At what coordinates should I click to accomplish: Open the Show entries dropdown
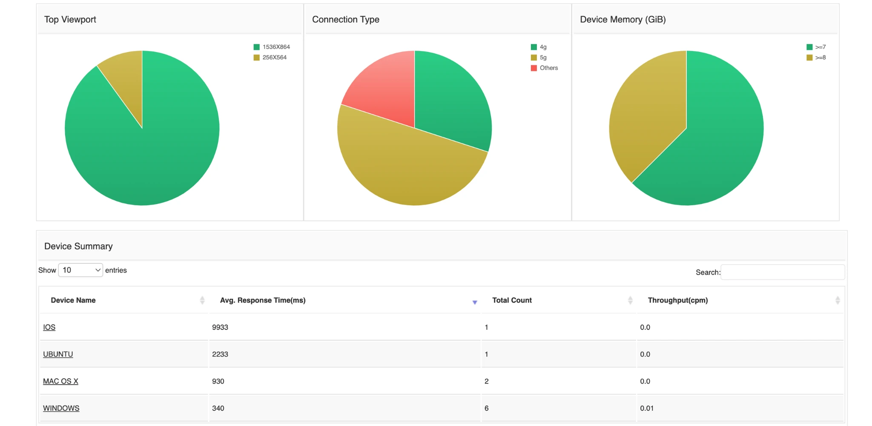[80, 270]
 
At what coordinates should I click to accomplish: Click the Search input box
[783, 272]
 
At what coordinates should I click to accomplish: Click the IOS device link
[49, 327]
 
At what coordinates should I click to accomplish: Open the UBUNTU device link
[58, 354]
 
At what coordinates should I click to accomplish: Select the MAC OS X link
[60, 381]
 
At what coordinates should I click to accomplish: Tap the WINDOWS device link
[61, 408]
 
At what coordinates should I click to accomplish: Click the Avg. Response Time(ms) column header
[263, 300]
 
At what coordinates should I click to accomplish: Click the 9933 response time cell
[220, 327]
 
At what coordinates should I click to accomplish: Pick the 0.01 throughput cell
[647, 408]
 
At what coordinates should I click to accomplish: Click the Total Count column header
[512, 300]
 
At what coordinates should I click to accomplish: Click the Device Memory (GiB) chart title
[622, 20]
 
